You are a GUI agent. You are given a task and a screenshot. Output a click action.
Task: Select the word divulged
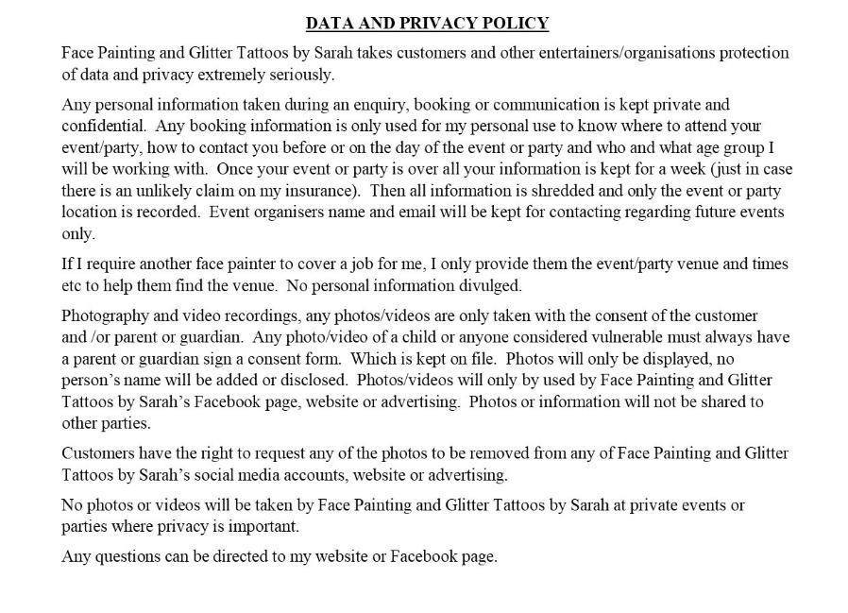[x=490, y=286]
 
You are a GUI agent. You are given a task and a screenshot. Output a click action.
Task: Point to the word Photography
[x=105, y=315]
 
